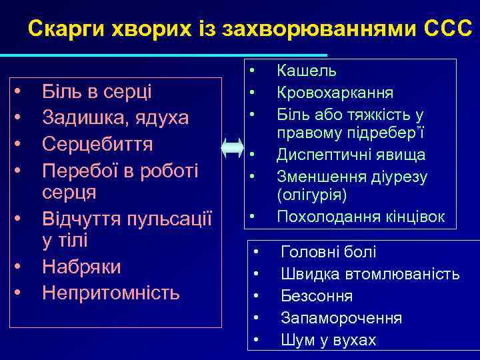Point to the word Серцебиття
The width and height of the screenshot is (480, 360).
pos(97,144)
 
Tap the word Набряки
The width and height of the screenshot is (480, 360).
pos(81,267)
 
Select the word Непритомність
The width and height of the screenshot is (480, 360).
pos(111,292)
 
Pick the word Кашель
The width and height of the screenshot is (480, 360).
pos(307,70)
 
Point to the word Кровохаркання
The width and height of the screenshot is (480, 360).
pos(335,92)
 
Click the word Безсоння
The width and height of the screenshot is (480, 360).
pos(317,296)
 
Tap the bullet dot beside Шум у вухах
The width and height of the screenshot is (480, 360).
pos(257,341)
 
